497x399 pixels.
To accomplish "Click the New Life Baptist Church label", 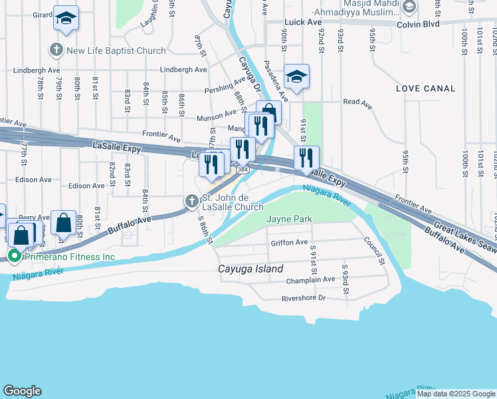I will pyautogui.click(x=116, y=51).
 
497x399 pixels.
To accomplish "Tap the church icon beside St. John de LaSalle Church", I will pyautogui.click(x=191, y=201).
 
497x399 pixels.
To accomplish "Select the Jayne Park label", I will pyautogui.click(x=289, y=219).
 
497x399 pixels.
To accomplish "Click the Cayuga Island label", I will pyautogui.click(x=251, y=269).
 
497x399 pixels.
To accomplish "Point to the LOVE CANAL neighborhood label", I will pyautogui.click(x=425, y=88).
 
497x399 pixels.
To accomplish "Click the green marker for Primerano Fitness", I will pyautogui.click(x=14, y=256).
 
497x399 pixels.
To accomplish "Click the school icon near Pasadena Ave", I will pyautogui.click(x=296, y=76).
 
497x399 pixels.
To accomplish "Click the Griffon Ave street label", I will pyautogui.click(x=290, y=243).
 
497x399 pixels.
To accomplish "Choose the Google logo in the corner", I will pyautogui.click(x=22, y=391).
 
